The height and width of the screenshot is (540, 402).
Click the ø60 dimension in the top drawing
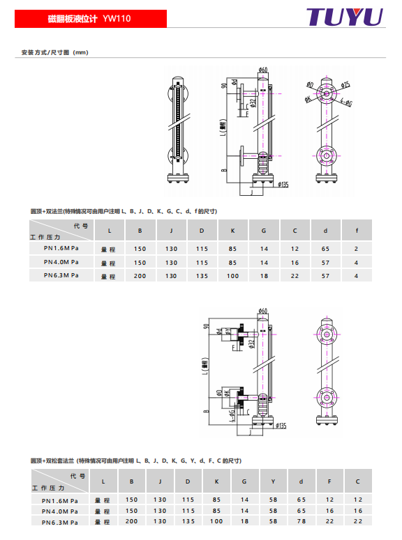pyautogui.click(x=263, y=70)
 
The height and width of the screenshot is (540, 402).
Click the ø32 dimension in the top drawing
pyautogui.click(x=253, y=102)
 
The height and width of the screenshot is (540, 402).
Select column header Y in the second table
pyautogui.click(x=273, y=481)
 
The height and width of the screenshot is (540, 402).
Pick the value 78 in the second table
pyautogui.click(x=301, y=521)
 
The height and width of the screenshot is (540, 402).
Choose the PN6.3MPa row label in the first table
pyautogui.click(x=61, y=275)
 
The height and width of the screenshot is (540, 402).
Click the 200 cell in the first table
pyautogui.click(x=140, y=276)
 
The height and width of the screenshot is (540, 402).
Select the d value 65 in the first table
pyautogui.click(x=325, y=249)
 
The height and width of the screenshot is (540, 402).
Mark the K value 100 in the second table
pyautogui.click(x=216, y=521)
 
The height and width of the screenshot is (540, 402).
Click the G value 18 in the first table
pyautogui.click(x=264, y=276)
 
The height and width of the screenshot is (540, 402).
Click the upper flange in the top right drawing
pyautogui.click(x=325, y=93)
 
